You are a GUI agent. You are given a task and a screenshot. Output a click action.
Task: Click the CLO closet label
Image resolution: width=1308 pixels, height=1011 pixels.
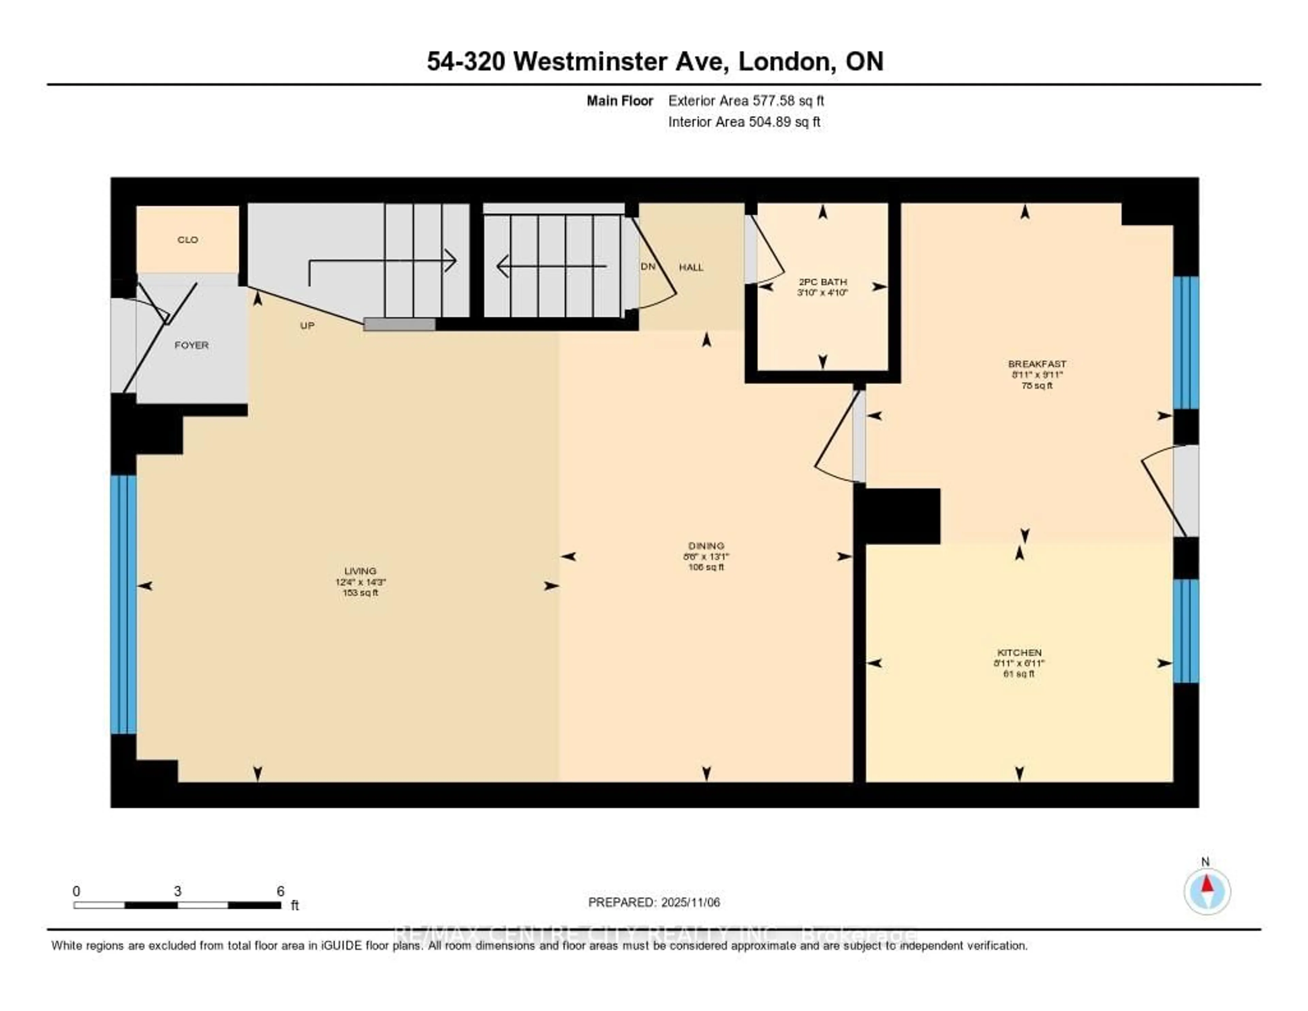pos(187,240)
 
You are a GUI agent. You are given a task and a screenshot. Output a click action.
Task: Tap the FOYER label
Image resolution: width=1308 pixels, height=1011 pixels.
pos(192,345)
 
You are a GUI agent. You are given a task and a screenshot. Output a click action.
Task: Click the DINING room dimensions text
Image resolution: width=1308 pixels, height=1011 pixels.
pos(706,556)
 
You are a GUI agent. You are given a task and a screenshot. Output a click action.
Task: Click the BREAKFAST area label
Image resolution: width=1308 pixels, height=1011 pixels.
pos(1037,364)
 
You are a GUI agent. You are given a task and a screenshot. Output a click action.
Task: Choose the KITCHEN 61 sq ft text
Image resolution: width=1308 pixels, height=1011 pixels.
pos(1019,674)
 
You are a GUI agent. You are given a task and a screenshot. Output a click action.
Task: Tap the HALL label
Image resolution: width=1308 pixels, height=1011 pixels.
pos(691,267)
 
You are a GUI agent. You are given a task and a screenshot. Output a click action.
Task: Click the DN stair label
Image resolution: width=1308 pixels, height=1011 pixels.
pos(648,267)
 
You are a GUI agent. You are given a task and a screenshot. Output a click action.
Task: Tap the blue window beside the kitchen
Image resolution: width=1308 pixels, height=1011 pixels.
pos(1185,631)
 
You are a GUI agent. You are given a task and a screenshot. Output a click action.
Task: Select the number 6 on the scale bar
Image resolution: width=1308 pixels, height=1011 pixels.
pos(280,891)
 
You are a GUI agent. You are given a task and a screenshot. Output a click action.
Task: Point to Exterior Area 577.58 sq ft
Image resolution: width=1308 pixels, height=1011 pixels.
pos(746,101)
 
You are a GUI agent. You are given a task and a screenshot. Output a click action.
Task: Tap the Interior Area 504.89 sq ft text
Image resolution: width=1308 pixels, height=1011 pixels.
pos(744,122)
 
